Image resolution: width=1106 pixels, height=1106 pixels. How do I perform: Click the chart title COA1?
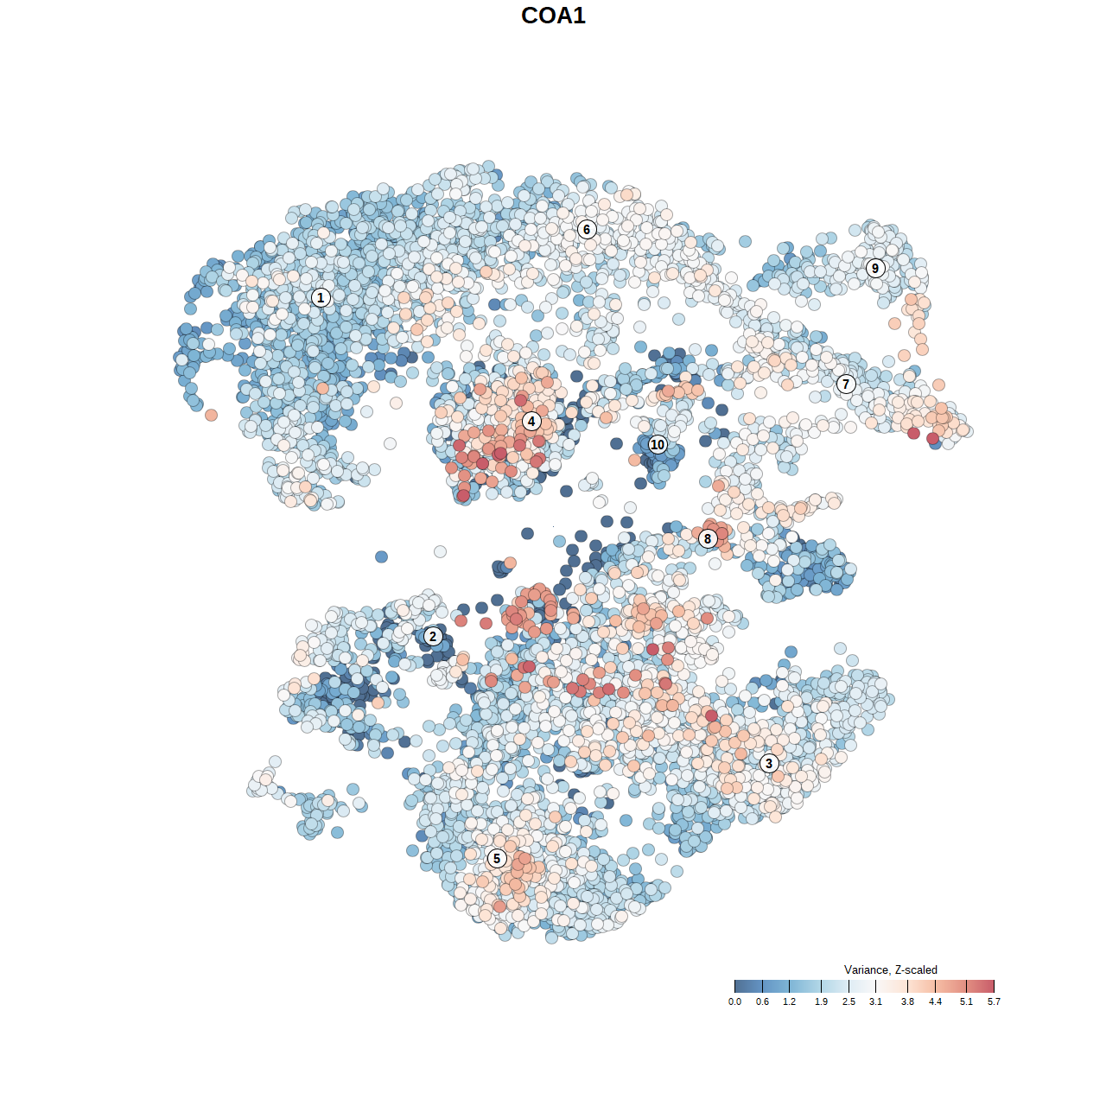(x=553, y=16)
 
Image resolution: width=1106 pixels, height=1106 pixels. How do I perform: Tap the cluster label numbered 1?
(x=321, y=298)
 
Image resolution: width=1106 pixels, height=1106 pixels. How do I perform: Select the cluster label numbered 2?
(x=433, y=637)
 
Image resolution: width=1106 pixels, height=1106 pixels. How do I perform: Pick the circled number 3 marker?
(x=769, y=763)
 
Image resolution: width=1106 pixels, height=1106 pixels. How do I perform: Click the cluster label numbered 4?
(x=531, y=422)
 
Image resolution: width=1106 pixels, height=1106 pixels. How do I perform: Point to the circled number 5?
(x=497, y=858)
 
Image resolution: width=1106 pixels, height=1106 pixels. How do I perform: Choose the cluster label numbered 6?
(x=587, y=229)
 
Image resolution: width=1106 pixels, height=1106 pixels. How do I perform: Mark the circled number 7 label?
(x=846, y=385)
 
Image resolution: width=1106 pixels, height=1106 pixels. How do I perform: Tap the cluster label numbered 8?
(x=708, y=538)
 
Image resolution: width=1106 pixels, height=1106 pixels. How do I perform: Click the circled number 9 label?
(x=875, y=268)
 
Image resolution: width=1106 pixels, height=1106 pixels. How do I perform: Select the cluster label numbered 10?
(x=658, y=445)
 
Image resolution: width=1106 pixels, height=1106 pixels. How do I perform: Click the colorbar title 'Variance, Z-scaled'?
(x=890, y=969)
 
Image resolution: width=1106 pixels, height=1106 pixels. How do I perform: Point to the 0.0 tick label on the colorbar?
(x=734, y=1001)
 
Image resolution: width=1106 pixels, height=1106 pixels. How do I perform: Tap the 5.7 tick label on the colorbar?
(x=994, y=1001)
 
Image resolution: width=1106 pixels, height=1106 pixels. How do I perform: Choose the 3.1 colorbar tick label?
(x=875, y=1001)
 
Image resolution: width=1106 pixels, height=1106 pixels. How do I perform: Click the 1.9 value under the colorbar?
(x=821, y=1001)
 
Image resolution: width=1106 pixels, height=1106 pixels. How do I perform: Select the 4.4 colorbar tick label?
(x=935, y=1001)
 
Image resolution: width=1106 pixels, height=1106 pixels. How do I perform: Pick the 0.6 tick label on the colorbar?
(x=762, y=1001)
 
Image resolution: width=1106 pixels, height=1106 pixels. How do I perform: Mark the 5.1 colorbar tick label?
(x=966, y=1001)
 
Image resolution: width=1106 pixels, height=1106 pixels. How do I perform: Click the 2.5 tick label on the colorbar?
(x=849, y=1001)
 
